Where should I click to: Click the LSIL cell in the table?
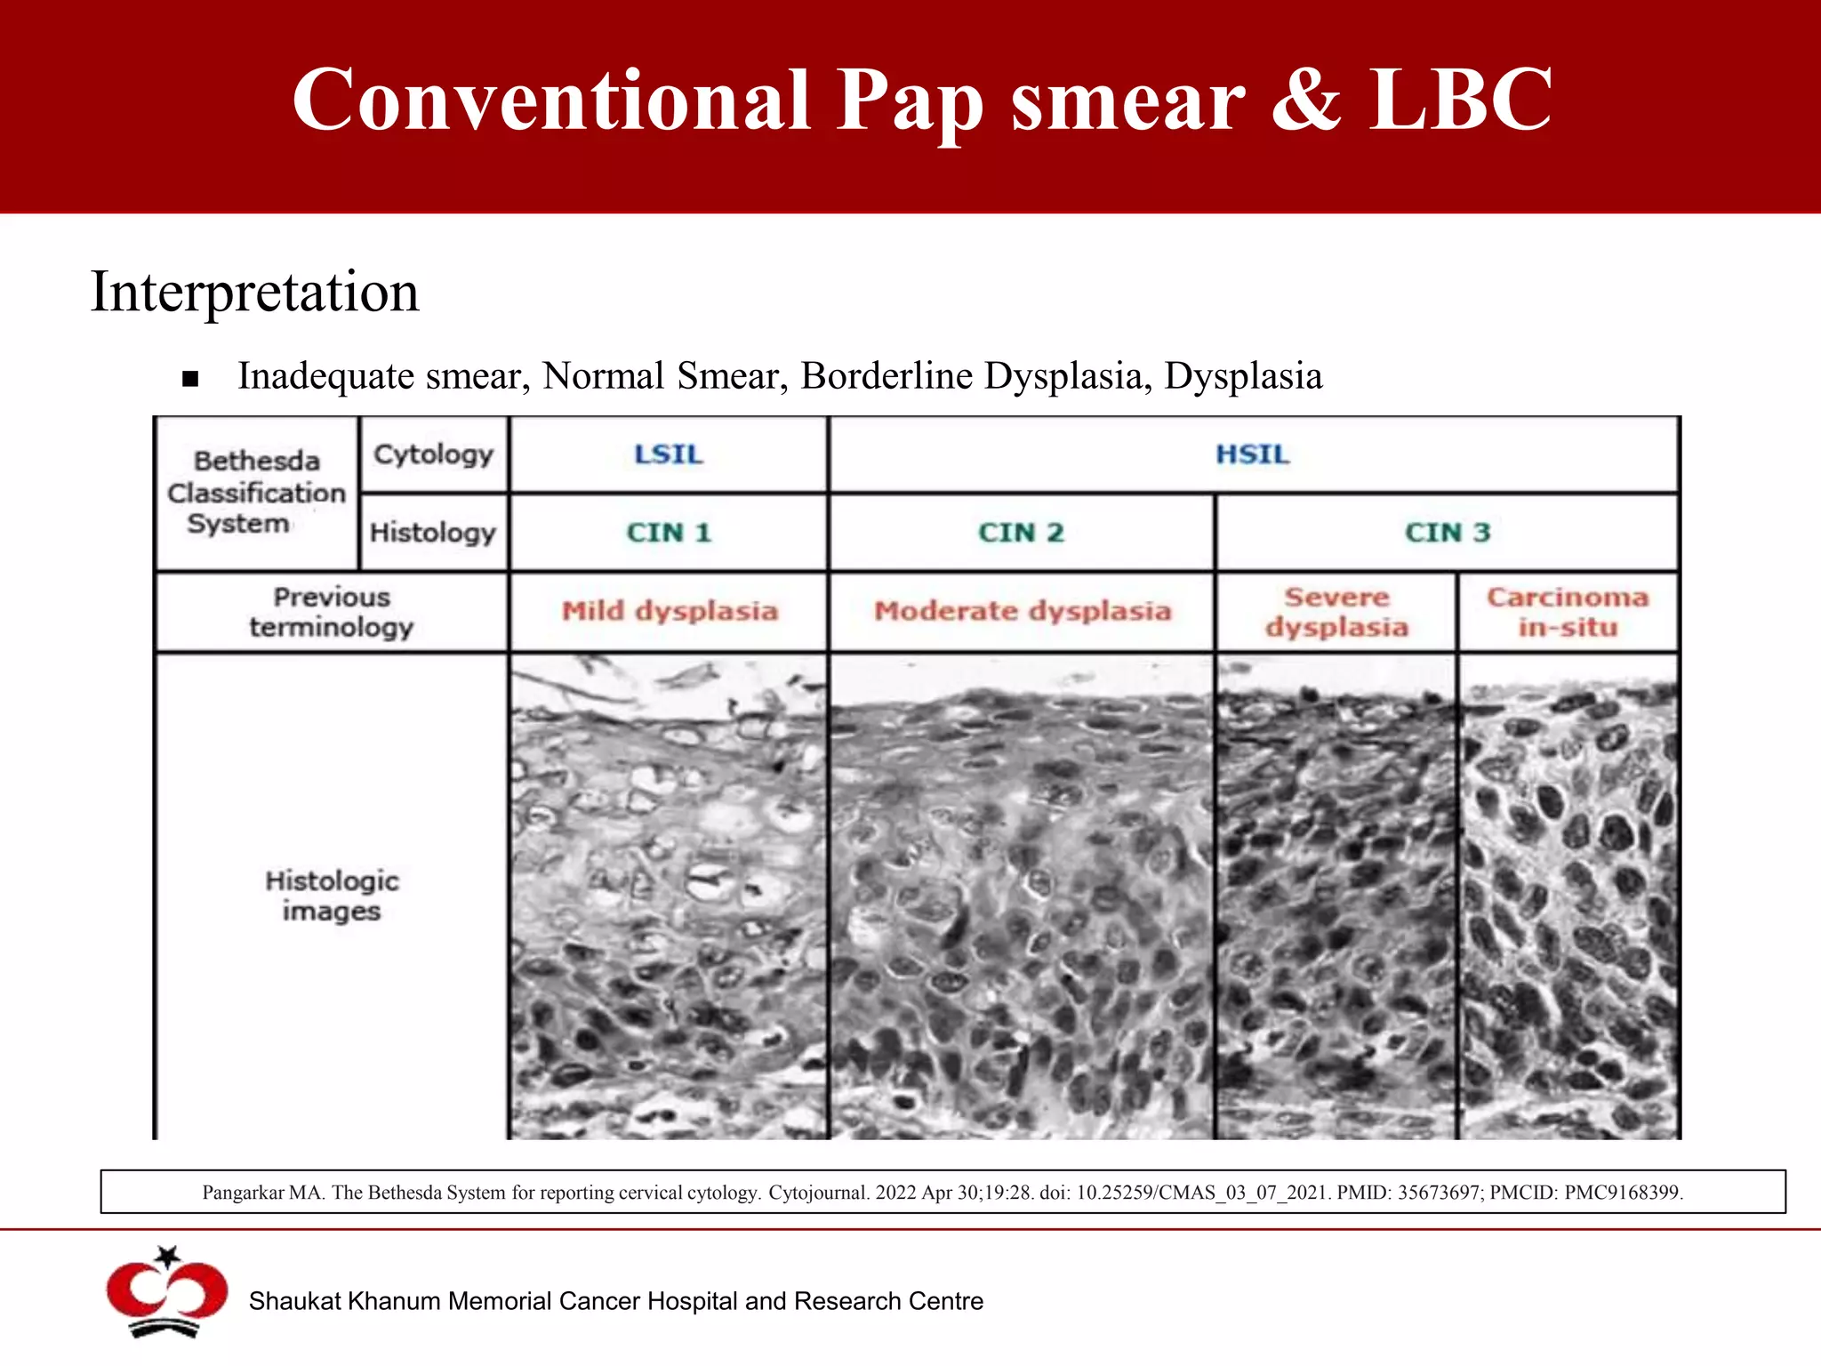point(669,454)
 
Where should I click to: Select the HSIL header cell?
point(1252,454)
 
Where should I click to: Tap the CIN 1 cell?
point(669,533)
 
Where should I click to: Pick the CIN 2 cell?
point(1021,533)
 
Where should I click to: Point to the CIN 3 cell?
point(1447,533)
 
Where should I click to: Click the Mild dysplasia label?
point(670,611)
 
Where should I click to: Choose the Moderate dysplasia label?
point(1022,611)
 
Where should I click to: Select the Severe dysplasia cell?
point(1336,612)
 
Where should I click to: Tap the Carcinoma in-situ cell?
point(1568,612)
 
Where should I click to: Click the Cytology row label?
point(433,454)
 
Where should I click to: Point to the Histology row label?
point(432,533)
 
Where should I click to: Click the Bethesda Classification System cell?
point(256,492)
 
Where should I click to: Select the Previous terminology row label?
point(331,612)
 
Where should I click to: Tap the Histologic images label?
point(332,896)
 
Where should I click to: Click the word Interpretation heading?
point(255,292)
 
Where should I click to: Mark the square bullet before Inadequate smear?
point(189,380)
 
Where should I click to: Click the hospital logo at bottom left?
point(166,1293)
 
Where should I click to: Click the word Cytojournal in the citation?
point(818,1193)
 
